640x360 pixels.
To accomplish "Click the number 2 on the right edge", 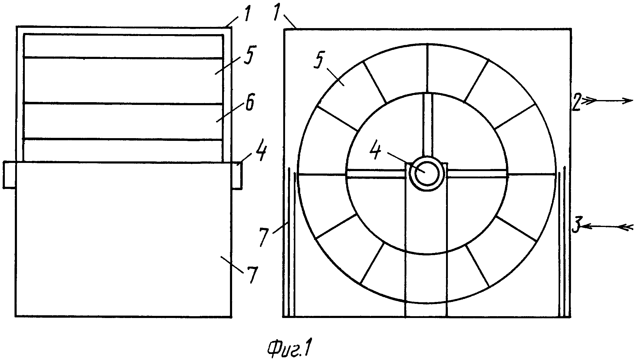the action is (577, 103).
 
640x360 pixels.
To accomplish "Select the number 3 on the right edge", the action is (576, 225).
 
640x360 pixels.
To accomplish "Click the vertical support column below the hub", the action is (426, 254).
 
